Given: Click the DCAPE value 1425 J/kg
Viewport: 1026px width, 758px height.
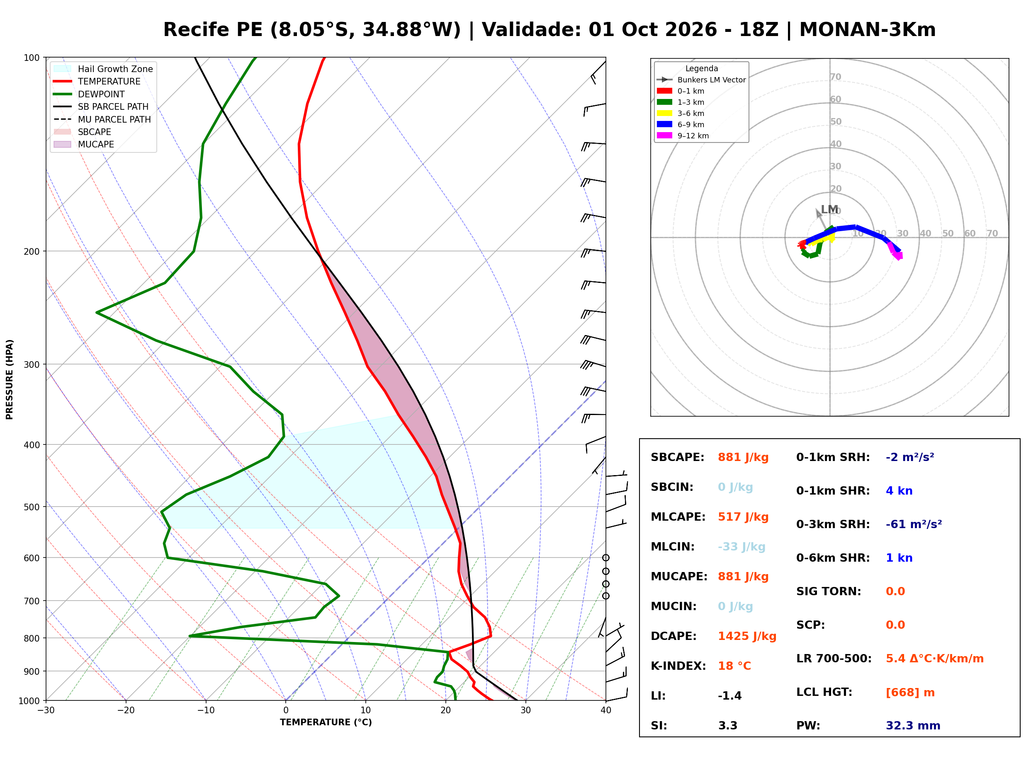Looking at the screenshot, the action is (747, 636).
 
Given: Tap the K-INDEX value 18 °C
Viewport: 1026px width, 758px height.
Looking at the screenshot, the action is (734, 666).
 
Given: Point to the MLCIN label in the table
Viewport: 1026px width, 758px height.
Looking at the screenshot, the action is (672, 546).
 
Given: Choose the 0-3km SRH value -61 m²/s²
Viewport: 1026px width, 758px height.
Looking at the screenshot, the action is (914, 524).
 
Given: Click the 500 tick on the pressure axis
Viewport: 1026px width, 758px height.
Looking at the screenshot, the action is (31, 507).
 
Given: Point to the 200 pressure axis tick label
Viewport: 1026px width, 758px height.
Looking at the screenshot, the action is (31, 251).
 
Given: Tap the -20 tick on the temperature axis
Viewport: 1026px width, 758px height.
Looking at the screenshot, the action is (126, 710).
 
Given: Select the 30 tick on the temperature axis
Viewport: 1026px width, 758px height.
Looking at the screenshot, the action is (525, 710).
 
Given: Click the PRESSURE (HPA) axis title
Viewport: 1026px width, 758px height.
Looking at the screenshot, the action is (10, 379).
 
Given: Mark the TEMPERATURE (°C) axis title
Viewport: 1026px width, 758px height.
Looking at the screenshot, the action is (326, 722).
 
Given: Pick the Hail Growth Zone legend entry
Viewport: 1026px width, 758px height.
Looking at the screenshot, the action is (103, 69).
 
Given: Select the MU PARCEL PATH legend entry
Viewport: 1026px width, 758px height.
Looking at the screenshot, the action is (102, 119).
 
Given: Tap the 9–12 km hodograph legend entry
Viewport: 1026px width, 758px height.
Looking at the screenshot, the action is (683, 136).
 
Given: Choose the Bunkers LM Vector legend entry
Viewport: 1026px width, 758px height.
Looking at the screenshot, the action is (701, 80).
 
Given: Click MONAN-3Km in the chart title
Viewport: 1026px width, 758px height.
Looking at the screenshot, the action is (867, 30).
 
